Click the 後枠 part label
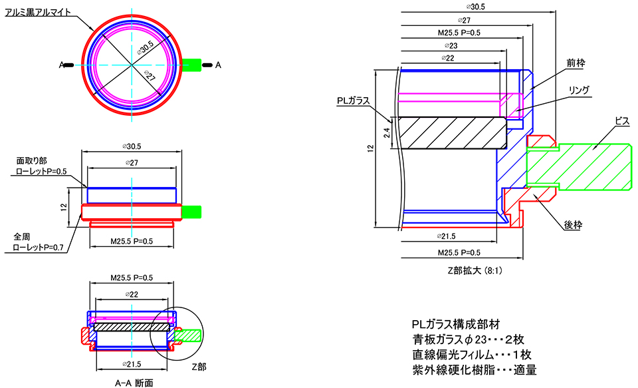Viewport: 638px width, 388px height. (x=572, y=226)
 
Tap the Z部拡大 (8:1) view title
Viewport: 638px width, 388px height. (x=473, y=271)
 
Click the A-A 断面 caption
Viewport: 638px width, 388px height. (x=134, y=382)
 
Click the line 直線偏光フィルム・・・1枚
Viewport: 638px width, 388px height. (x=472, y=354)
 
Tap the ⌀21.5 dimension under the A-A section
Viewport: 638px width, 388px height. (x=134, y=366)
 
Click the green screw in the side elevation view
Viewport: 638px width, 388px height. (x=191, y=212)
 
